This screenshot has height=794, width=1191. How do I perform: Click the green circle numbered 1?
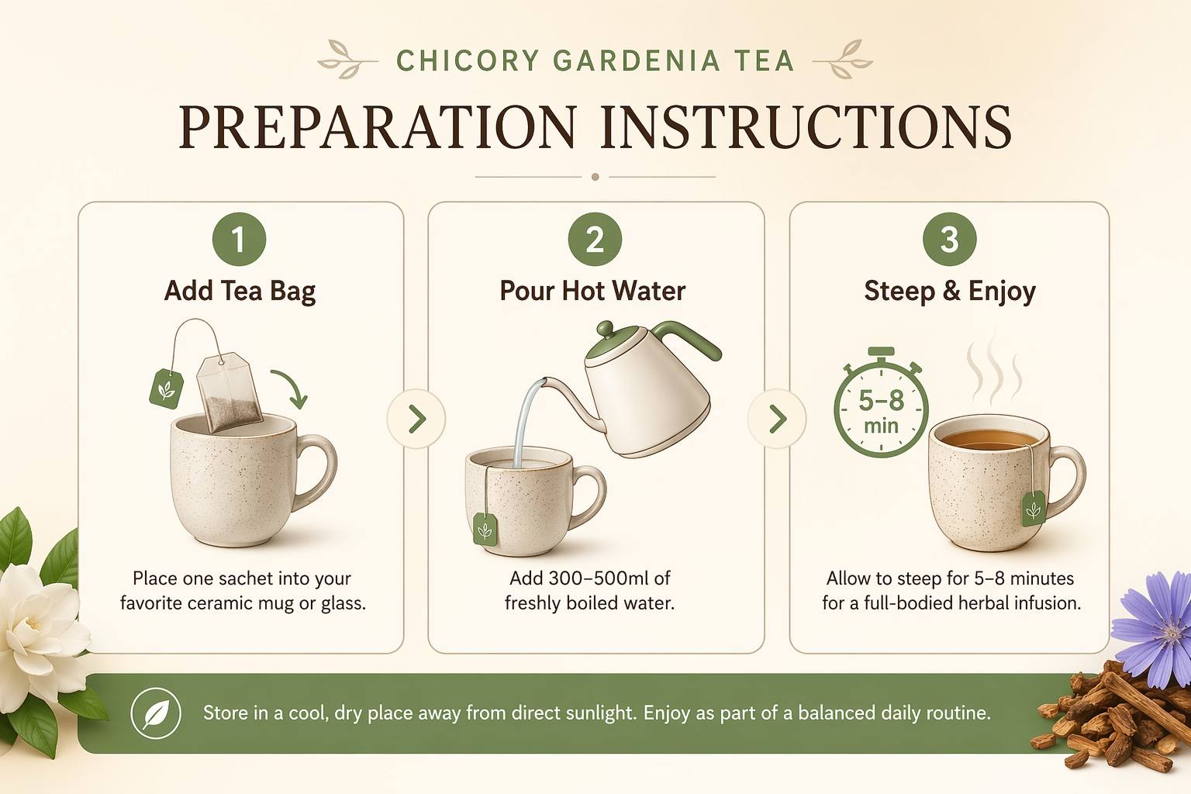click(240, 239)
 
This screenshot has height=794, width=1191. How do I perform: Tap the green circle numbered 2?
click(595, 239)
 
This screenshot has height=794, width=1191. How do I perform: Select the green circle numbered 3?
click(950, 239)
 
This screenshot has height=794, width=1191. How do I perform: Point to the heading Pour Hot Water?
click(592, 292)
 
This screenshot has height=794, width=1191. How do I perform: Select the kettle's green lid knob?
click(605, 327)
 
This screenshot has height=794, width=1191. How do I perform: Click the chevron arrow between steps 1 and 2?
click(417, 419)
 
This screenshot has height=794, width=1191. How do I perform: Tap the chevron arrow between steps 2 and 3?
click(778, 419)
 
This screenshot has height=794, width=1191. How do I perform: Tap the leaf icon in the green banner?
click(156, 713)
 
